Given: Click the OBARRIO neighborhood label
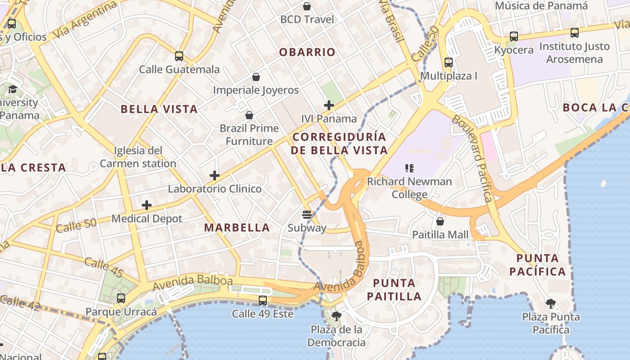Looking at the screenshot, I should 307,52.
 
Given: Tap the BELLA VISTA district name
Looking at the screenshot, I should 159,109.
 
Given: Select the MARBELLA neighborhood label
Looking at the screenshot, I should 237,228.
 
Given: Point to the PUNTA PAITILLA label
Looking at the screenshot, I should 394,289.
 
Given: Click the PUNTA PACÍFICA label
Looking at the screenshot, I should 541,265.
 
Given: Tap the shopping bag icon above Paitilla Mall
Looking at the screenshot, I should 440,221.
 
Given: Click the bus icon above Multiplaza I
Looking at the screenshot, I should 448,63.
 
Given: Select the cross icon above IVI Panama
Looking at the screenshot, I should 329,106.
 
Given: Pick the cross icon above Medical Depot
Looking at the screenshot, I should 147,206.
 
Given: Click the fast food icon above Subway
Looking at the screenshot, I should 307,215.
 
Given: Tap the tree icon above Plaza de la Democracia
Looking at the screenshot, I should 336,316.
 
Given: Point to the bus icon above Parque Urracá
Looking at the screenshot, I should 121,298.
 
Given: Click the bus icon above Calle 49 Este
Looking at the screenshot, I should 263,301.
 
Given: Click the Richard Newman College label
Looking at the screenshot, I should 409,188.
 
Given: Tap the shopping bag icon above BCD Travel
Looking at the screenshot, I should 307,6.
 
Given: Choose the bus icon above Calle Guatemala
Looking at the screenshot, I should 179,56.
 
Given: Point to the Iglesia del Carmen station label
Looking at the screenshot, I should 138,157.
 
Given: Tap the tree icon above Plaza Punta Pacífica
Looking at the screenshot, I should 551,304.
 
